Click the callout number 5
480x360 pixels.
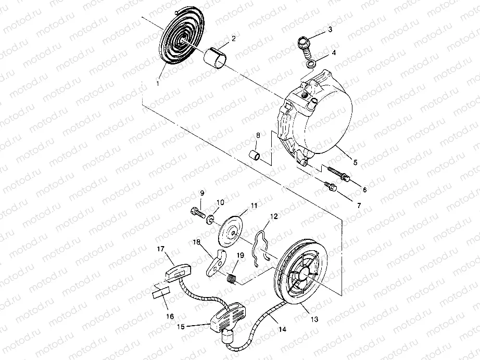click(x=356, y=162)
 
